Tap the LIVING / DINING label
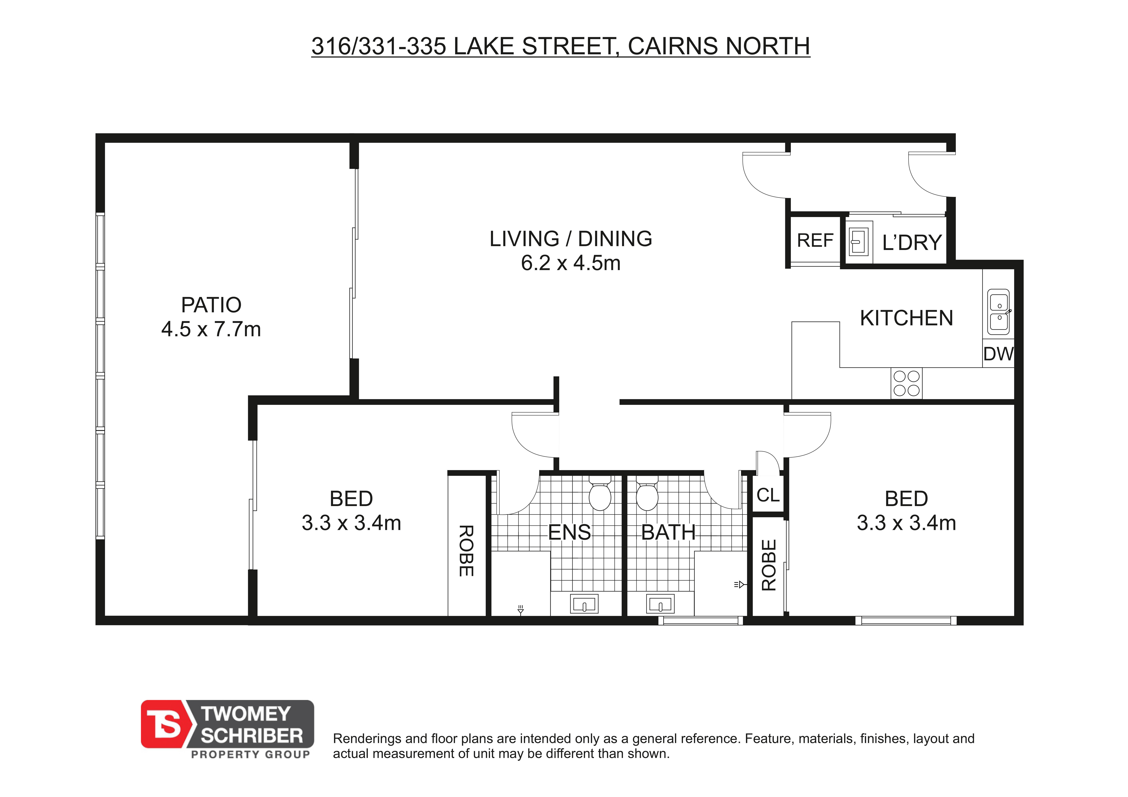[x=571, y=239]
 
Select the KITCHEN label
[x=906, y=318]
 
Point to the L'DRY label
[x=912, y=243]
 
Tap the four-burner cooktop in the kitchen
[x=906, y=383]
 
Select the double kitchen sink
[x=999, y=312]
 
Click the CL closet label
[x=768, y=495]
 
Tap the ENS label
[x=569, y=532]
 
